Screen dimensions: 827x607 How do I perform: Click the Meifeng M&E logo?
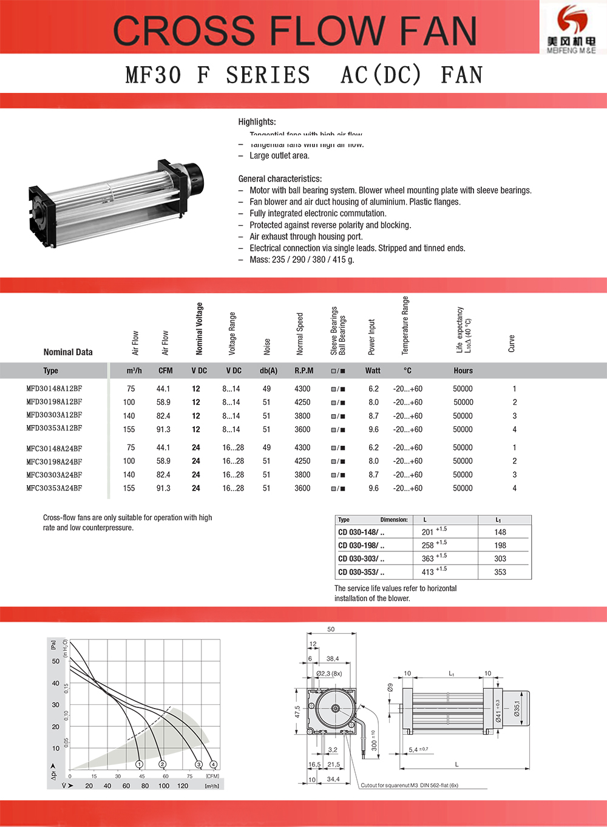tap(571, 27)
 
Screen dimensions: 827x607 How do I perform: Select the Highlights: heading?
tap(257, 121)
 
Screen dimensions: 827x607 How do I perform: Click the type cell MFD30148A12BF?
tap(54, 389)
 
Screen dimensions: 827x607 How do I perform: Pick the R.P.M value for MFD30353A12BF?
tap(302, 429)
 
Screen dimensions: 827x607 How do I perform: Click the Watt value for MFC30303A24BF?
tap(373, 475)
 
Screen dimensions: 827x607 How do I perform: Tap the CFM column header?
tap(165, 370)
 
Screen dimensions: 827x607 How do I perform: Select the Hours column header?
tap(463, 370)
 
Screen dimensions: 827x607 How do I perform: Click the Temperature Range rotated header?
tap(405, 325)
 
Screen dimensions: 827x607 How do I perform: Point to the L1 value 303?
tap(500, 559)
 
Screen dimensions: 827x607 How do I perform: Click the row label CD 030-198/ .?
tap(361, 545)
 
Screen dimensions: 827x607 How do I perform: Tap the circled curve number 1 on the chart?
tap(139, 764)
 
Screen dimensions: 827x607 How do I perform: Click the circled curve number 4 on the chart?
tap(213, 764)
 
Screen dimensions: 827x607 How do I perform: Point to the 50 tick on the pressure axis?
tap(56, 661)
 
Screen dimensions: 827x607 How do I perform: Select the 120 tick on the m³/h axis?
tap(183, 786)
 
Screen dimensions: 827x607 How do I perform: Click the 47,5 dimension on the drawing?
tap(297, 711)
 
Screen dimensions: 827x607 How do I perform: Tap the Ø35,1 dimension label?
tap(517, 709)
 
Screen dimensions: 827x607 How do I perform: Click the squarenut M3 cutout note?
tap(410, 785)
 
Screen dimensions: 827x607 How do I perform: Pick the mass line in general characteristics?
tap(302, 259)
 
